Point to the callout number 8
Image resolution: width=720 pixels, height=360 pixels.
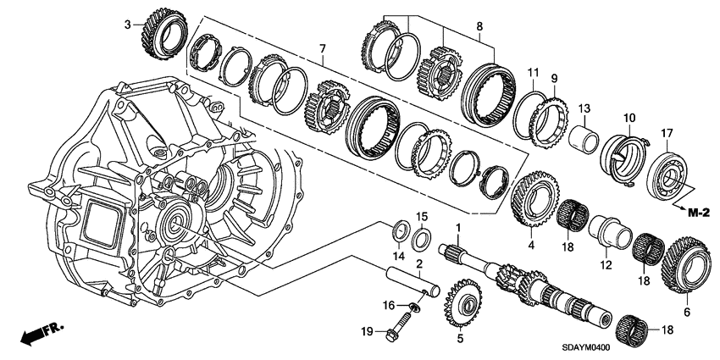point(479,26)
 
